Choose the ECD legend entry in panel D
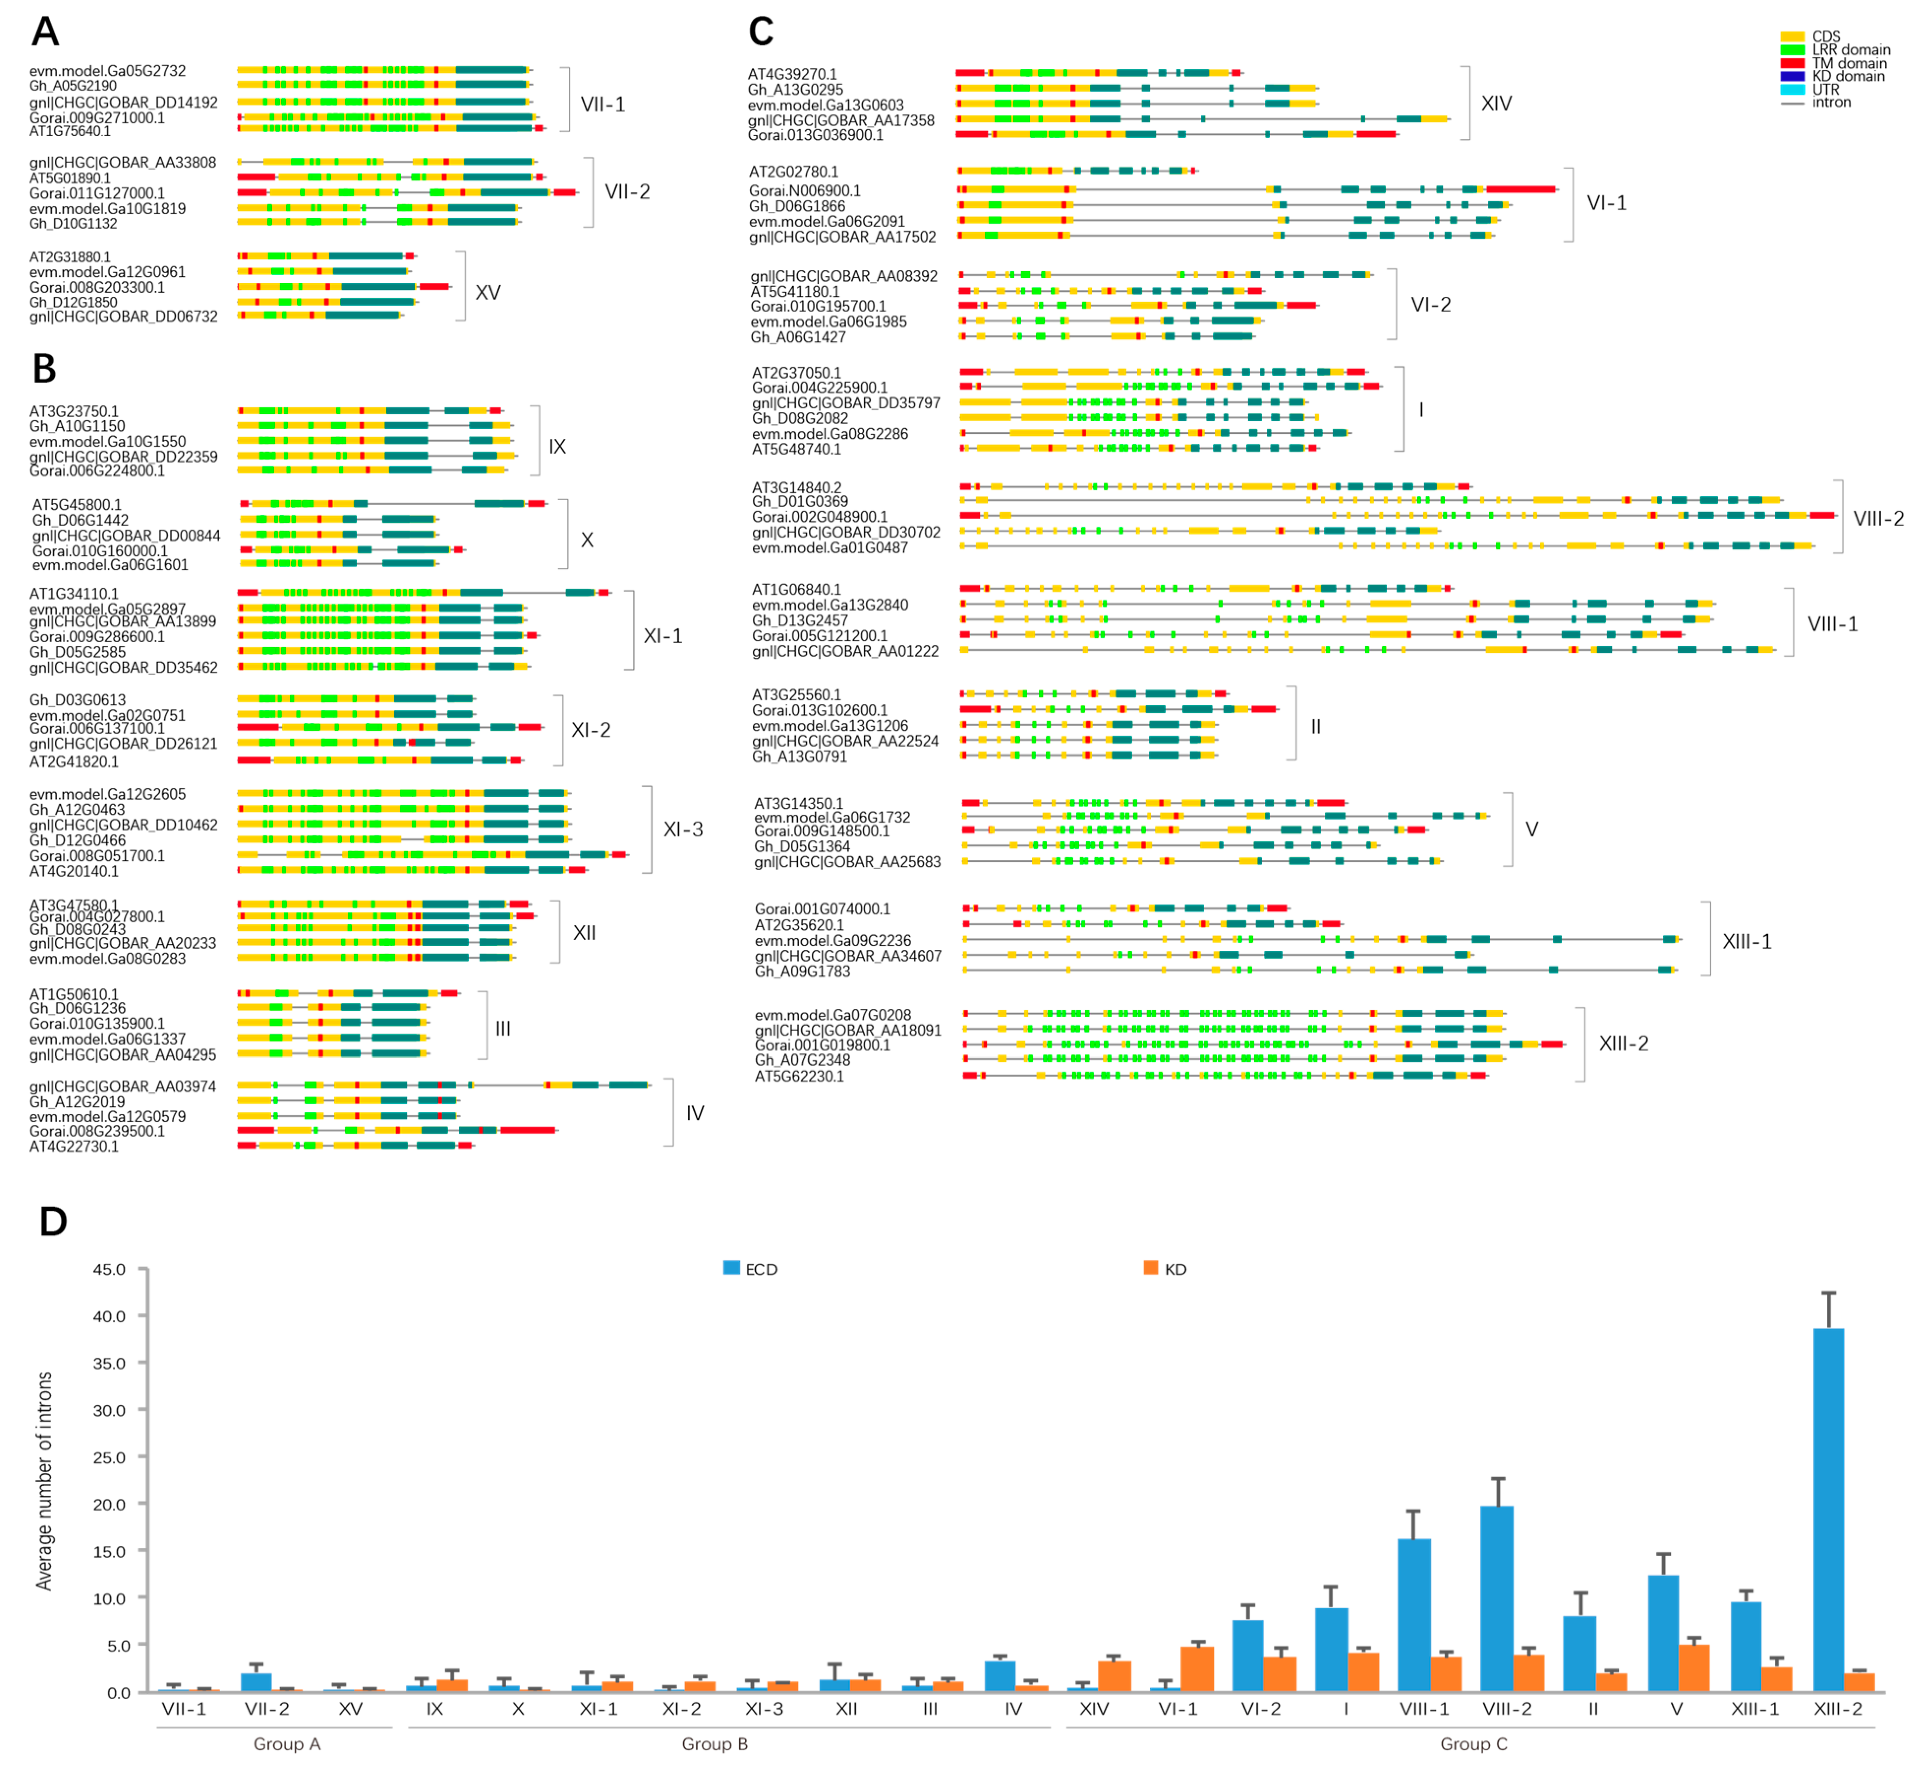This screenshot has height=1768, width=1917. click(x=751, y=1270)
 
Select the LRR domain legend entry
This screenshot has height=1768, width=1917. click(x=1849, y=50)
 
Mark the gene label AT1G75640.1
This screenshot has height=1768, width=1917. click(x=70, y=131)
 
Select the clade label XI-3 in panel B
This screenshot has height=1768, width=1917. click(x=683, y=829)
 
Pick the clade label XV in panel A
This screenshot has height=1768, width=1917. click(x=488, y=293)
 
